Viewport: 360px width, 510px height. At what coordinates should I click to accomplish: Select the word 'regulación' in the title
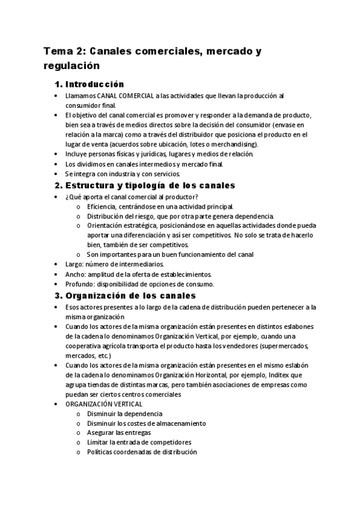click(70, 65)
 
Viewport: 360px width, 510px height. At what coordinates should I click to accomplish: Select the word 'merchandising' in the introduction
click(231, 144)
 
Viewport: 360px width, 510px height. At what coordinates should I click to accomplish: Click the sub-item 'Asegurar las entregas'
click(119, 433)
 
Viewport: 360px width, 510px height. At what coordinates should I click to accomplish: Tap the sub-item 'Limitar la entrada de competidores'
click(139, 443)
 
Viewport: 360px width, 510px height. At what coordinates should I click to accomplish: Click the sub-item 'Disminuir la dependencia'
click(124, 414)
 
